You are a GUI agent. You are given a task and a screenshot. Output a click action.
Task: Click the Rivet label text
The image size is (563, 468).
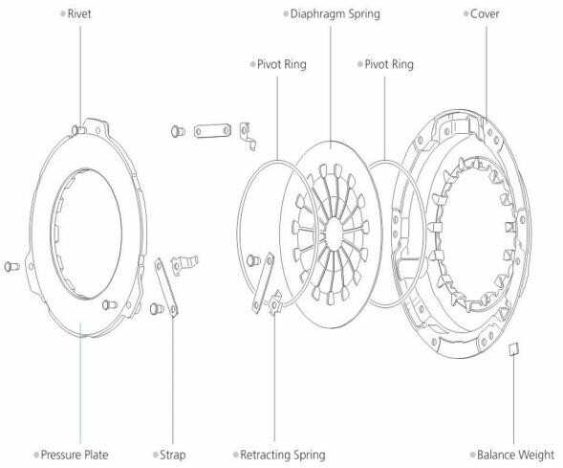coord(79,14)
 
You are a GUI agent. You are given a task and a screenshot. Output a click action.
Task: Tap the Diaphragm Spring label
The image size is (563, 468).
coord(335,14)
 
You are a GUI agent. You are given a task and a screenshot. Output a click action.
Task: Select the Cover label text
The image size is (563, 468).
coord(485,14)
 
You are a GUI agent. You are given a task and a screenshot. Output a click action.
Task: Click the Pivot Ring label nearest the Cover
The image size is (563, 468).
coord(389,65)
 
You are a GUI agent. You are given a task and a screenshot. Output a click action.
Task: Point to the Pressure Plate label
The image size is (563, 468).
coord(75,455)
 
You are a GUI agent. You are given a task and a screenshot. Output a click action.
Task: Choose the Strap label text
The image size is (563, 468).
coord(172,455)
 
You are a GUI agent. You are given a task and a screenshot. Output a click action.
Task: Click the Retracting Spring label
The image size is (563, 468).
coord(283,455)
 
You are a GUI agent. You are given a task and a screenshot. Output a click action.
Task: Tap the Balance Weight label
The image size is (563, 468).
coord(515,455)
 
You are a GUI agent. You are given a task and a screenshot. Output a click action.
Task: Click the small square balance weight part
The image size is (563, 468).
coord(514,348)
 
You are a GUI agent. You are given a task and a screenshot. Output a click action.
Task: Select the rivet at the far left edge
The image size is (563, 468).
coord(11,266)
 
